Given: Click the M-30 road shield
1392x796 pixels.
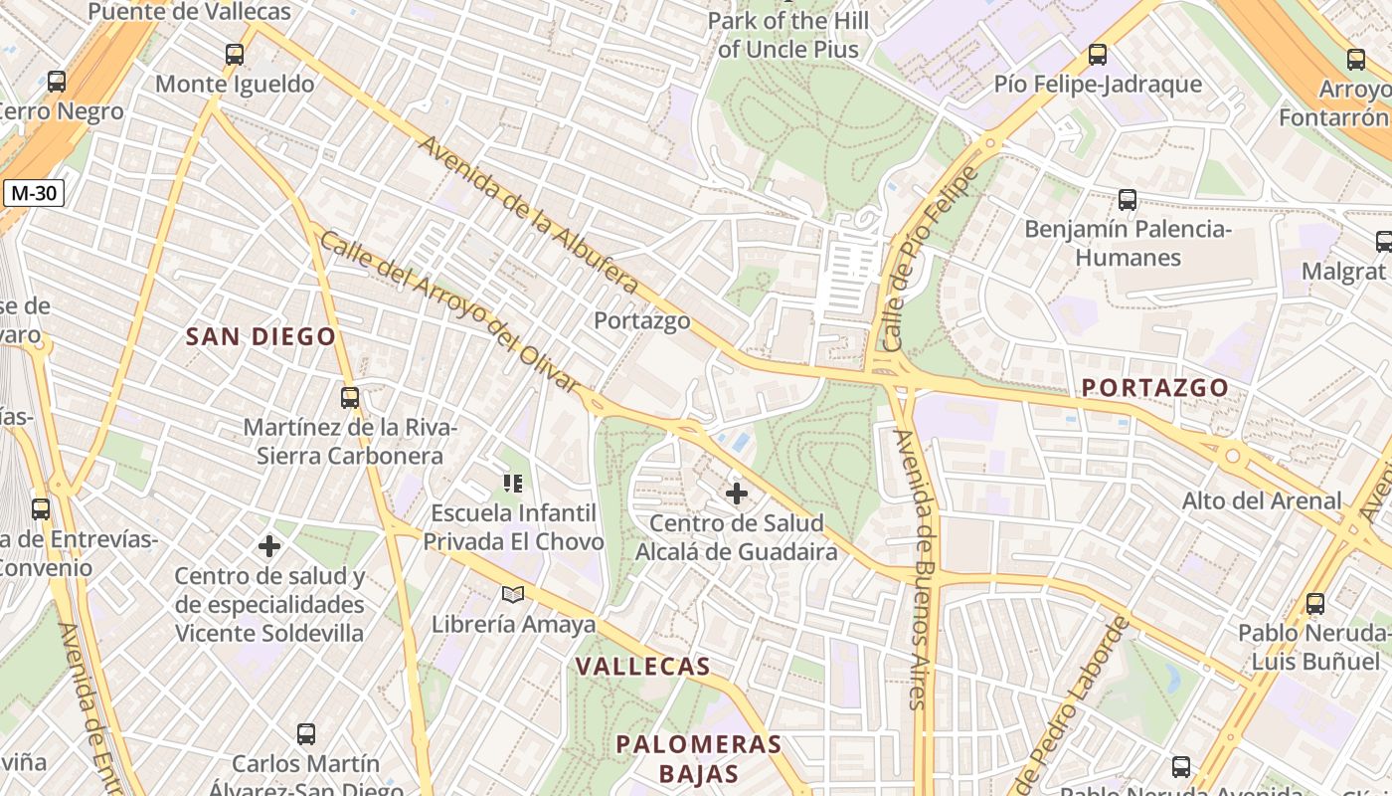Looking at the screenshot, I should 34,193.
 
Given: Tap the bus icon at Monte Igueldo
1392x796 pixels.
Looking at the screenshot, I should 235,55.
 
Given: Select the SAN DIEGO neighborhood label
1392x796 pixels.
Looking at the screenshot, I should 261,336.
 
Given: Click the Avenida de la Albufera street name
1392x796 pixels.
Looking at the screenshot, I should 527,214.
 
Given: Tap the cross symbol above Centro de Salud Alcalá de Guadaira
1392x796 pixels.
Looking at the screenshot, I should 737,494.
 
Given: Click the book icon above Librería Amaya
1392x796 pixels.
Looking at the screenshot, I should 513,595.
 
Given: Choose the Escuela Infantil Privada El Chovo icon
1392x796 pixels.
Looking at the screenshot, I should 513,485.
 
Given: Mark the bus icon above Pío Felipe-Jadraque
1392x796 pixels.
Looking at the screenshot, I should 1098,55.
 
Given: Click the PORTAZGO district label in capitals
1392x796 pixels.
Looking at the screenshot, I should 1154,387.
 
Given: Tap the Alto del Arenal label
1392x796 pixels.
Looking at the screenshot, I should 1262,500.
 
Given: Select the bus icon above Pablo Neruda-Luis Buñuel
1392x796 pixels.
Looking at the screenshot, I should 1315,603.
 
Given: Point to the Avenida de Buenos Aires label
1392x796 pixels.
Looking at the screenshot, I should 914,567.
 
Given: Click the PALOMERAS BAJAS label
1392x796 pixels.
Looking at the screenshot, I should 698,758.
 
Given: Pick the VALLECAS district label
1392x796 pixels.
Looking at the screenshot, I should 643,667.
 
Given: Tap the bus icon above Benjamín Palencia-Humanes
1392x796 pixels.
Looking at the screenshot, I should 1128,199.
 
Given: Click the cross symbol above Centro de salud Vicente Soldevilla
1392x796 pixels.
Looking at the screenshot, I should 269,546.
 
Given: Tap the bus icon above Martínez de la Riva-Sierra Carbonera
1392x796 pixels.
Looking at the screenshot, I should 350,398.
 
